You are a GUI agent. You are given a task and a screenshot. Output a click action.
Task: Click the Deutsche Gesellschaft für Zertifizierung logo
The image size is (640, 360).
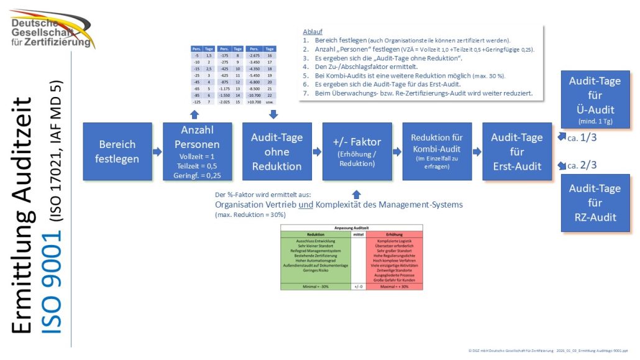pyautogui.click(x=52, y=29)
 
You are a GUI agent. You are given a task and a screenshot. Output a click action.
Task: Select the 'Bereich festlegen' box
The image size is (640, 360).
pyautogui.click(x=117, y=152)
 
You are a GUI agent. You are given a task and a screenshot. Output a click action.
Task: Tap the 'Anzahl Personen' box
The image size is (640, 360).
pyautogui.click(x=197, y=152)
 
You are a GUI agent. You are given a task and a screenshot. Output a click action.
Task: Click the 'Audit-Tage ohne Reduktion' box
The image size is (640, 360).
pyautogui.click(x=277, y=152)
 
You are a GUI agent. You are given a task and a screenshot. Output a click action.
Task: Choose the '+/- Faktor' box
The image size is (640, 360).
pyautogui.click(x=357, y=152)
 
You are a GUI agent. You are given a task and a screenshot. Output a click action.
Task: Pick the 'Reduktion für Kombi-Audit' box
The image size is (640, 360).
pyautogui.click(x=437, y=152)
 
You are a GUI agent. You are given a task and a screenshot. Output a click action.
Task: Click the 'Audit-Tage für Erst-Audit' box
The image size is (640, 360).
pyautogui.click(x=517, y=152)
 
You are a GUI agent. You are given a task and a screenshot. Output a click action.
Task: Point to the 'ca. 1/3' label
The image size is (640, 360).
pyautogui.click(x=583, y=137)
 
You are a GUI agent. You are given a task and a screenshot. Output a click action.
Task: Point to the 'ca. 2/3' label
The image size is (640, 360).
pyautogui.click(x=583, y=165)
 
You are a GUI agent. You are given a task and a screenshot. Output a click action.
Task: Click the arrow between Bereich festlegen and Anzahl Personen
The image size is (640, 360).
pyautogui.click(x=157, y=152)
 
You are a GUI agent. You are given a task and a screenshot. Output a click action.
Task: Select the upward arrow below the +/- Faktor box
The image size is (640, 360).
pyautogui.click(x=356, y=193)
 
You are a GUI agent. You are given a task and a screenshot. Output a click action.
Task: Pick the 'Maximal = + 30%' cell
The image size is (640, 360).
pyautogui.click(x=394, y=287)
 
